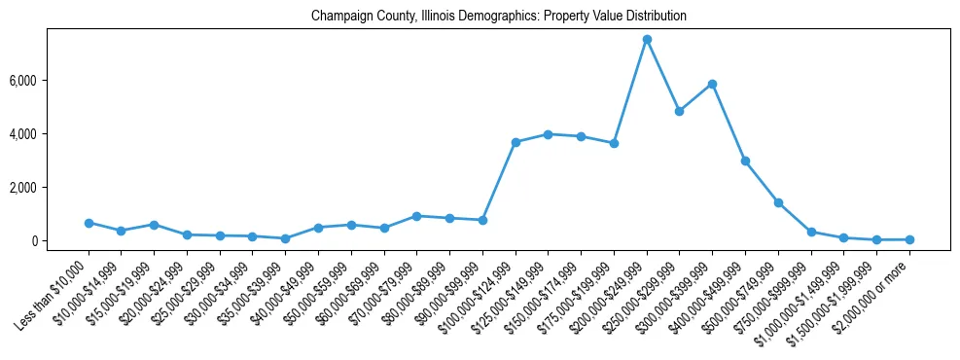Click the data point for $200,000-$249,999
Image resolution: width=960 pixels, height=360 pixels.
coord(647,39)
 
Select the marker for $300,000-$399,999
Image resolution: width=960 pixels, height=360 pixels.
coord(712,84)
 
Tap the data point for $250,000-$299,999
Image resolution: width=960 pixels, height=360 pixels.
coord(680,111)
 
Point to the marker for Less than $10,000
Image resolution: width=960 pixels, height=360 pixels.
coord(89,223)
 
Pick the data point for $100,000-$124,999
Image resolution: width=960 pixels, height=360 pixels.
coord(516,142)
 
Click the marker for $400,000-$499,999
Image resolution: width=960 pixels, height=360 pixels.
coord(745,161)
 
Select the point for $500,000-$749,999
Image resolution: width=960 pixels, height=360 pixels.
coord(778,202)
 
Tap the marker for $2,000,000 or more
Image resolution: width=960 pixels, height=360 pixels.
coord(909,239)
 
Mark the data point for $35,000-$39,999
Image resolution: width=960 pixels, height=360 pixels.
coord(285,238)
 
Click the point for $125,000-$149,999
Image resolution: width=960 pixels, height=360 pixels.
coord(549,134)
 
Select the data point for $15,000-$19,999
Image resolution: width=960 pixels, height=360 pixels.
coord(154,225)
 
